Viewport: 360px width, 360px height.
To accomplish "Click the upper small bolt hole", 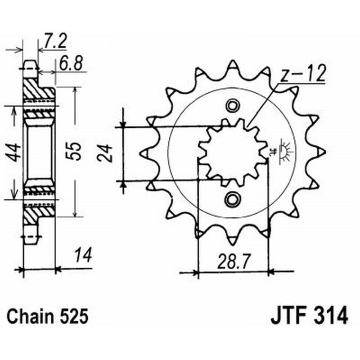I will tap(233, 106).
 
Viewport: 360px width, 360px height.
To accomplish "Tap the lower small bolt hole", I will tap(233, 198).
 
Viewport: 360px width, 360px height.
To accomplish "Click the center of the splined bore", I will tap(232, 152).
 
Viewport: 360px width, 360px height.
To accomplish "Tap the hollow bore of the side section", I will tap(39, 153).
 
